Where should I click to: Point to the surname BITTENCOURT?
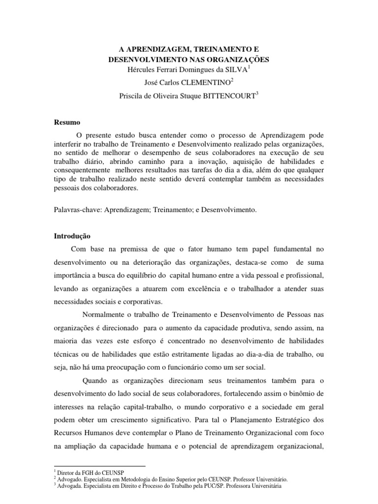tap(229, 97)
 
